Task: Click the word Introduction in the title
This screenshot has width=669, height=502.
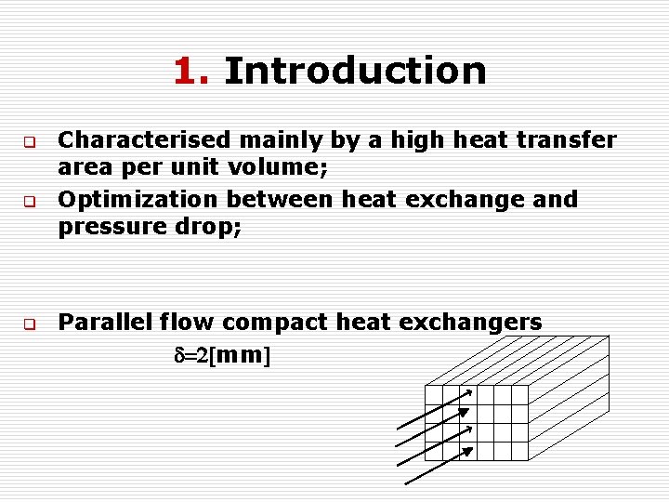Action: coord(355,71)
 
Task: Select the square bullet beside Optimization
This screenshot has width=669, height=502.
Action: coord(29,201)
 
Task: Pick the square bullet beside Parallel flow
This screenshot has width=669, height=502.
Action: coord(29,325)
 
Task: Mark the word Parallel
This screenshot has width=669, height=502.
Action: coord(105,323)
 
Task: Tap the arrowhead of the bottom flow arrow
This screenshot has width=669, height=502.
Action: coord(469,451)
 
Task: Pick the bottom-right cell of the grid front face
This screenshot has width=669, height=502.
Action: coord(519,452)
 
